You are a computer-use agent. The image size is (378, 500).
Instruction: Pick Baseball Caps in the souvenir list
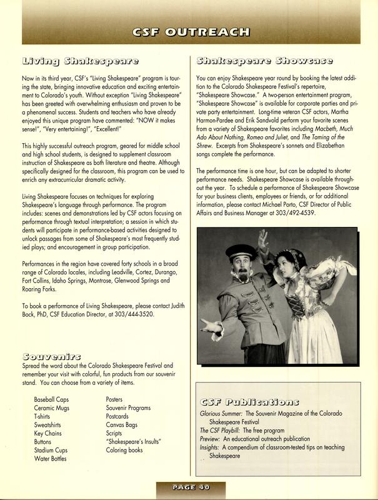[x=54, y=399]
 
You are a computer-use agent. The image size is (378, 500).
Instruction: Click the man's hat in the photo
[x=247, y=252]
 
